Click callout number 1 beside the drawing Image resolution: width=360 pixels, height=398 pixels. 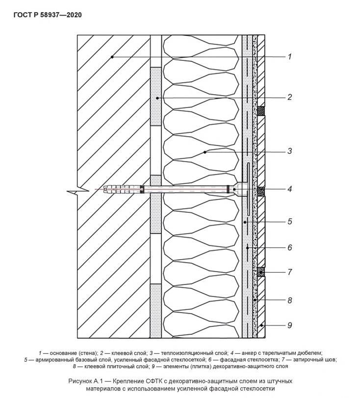pos(289,56)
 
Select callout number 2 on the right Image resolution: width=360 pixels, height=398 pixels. pos(290,97)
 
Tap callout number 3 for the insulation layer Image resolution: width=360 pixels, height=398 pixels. pos(290,151)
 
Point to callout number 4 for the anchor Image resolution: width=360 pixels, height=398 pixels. pos(290,189)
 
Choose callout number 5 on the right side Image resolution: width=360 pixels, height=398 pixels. pos(290,222)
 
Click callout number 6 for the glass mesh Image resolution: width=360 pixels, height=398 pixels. pos(290,248)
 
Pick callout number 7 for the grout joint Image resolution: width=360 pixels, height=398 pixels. pos(290,272)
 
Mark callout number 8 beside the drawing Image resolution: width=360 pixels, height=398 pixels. pos(290,300)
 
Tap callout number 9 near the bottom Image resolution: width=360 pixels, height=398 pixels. pos(290,325)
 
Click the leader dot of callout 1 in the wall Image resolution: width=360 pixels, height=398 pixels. pos(112,57)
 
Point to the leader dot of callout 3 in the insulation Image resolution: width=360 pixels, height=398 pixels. pos(205,152)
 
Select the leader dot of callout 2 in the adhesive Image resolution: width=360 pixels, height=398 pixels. pos(157,98)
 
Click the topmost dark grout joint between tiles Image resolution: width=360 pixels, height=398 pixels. pos(261,111)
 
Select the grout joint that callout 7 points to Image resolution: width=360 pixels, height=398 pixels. pos(261,272)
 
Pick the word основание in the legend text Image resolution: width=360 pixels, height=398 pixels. pos(63,353)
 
